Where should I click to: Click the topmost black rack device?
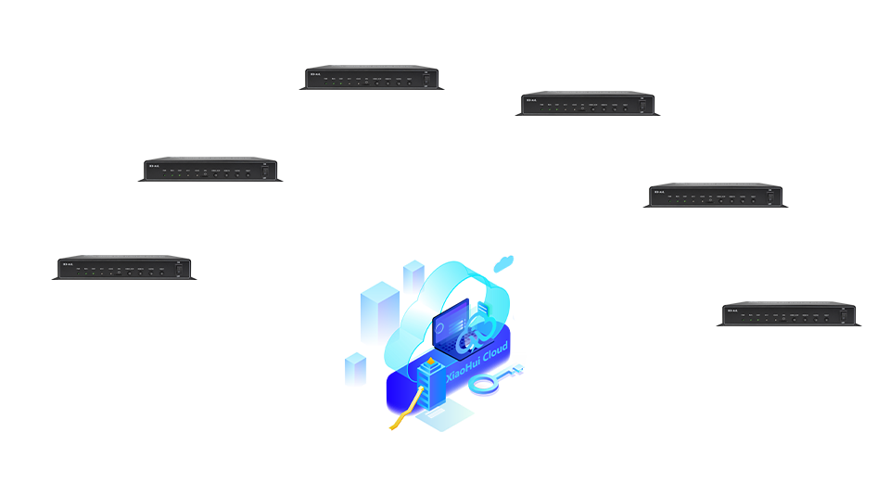click(x=371, y=78)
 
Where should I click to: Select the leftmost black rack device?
click(x=123, y=268)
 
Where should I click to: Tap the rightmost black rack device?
click(x=788, y=314)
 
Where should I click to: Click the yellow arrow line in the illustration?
click(x=408, y=408)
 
